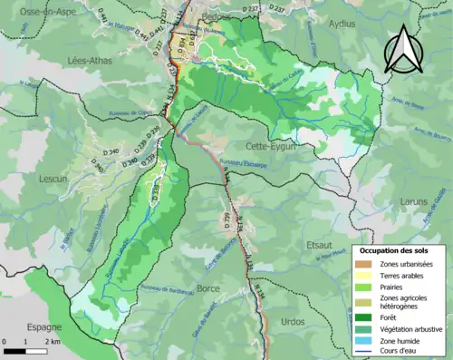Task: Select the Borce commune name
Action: [x=208, y=287]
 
